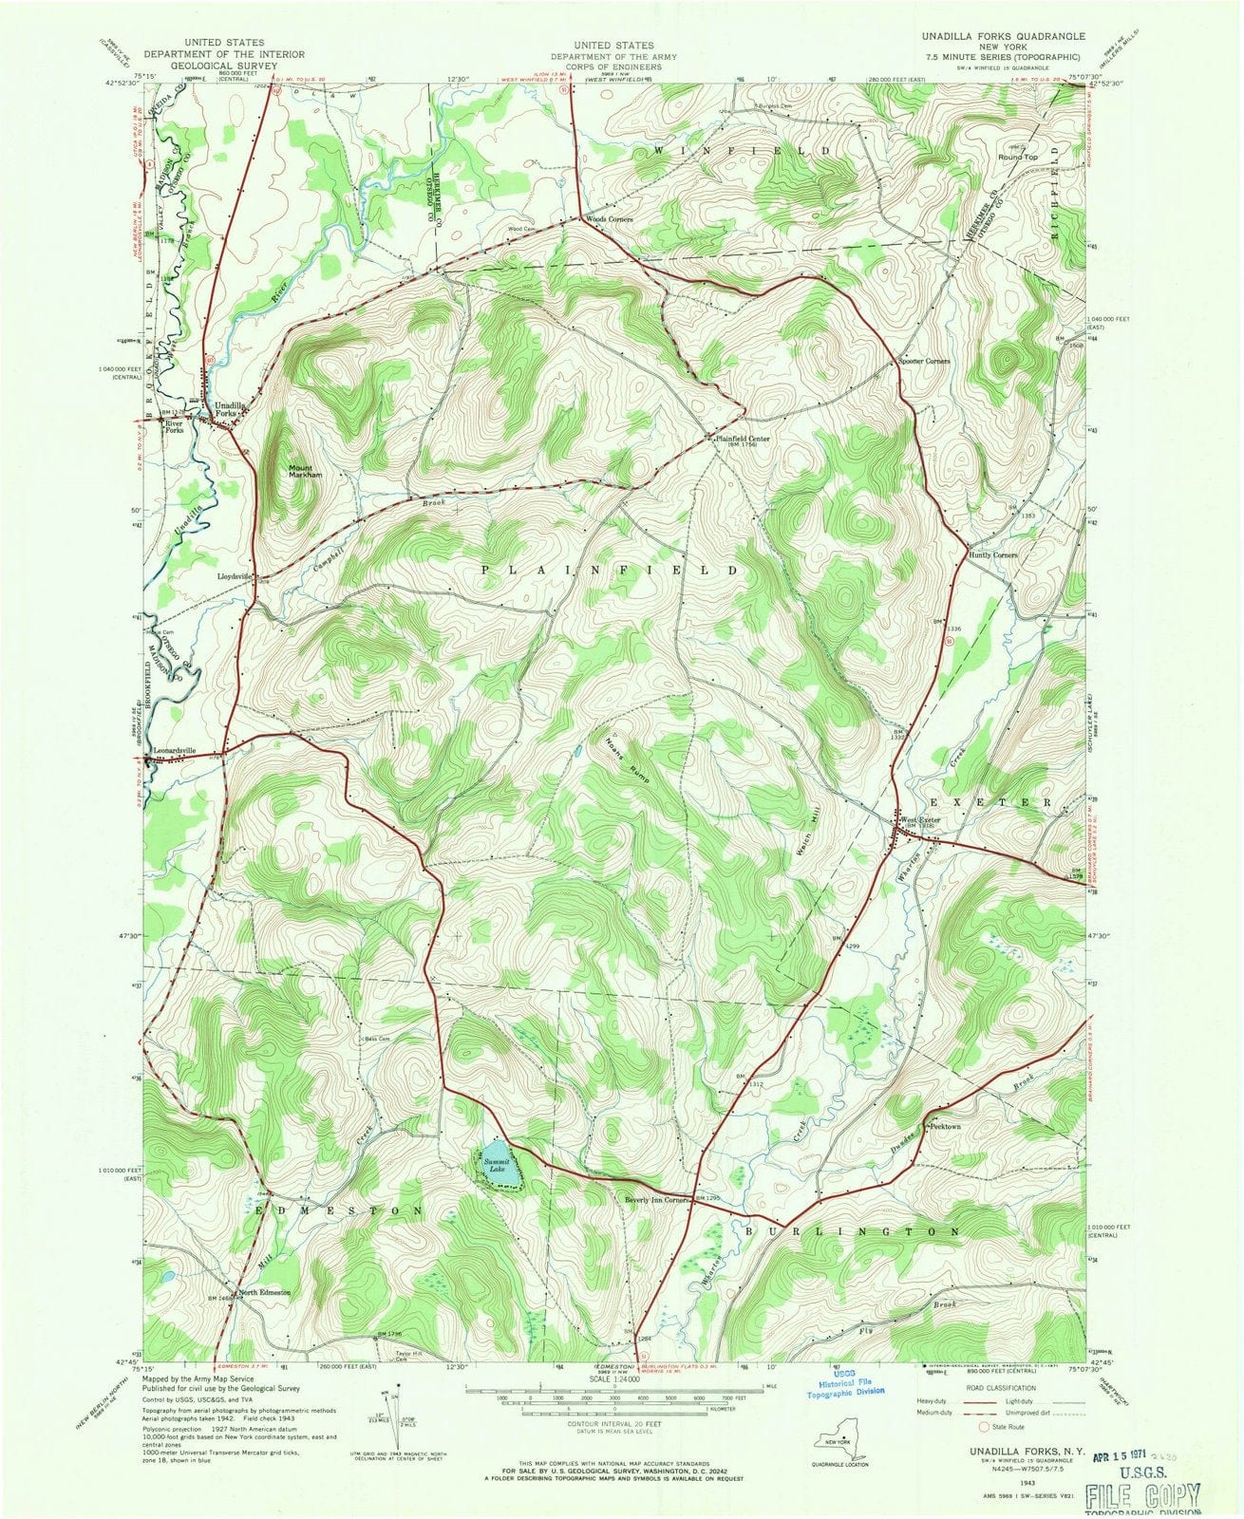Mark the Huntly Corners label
(x=993, y=554)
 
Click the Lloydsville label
(x=232, y=575)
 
